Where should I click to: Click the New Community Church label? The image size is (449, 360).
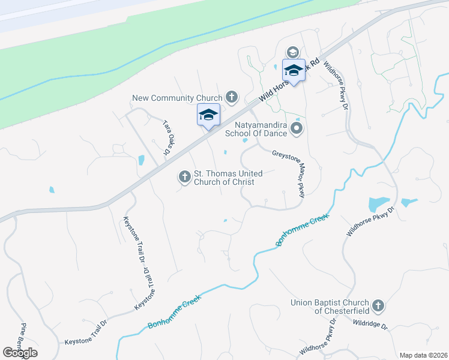click(171, 98)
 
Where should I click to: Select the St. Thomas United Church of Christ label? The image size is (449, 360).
click(223, 178)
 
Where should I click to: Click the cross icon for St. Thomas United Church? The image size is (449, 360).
click(184, 177)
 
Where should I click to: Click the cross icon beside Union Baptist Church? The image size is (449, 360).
click(378, 306)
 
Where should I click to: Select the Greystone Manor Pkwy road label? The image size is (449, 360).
click(290, 170)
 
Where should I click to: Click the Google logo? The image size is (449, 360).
click(20, 352)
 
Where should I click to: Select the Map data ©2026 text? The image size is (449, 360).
click(423, 355)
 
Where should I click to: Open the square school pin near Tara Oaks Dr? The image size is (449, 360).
click(208, 115)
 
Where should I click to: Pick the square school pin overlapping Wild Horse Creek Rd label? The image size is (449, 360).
click(294, 71)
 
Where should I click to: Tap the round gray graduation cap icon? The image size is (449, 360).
click(293, 52)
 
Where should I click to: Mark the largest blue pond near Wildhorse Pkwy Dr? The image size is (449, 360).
click(378, 204)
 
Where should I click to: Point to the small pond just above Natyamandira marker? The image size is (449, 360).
click(298, 118)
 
